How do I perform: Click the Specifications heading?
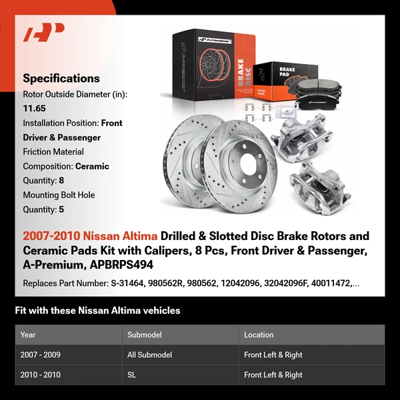pyautogui.click(x=61, y=79)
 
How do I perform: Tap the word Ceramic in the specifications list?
pyautogui.click(x=92, y=166)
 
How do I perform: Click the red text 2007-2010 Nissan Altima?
pyautogui.click(x=91, y=236)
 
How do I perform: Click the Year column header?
pyautogui.click(x=28, y=335)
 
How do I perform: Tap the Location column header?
pyautogui.click(x=259, y=335)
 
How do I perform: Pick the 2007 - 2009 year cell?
pyautogui.click(x=41, y=355)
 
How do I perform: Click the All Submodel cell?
pyautogui.click(x=149, y=355)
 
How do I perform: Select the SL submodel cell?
pyautogui.click(x=132, y=375)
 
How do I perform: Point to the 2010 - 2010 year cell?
pyautogui.click(x=41, y=375)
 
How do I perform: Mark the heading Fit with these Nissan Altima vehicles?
pyautogui.click(x=97, y=311)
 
